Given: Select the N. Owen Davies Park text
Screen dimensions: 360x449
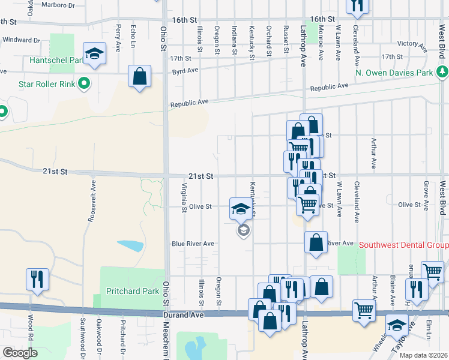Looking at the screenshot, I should click(394, 73).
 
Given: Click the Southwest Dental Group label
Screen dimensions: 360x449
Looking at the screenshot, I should click(403, 245).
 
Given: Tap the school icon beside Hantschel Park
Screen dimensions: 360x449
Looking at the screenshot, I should click(94, 55).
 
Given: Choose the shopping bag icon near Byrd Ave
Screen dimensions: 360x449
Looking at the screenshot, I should click(139, 77).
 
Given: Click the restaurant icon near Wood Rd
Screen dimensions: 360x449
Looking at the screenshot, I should click(37, 279).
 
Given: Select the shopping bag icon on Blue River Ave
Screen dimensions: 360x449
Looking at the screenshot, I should click(316, 242).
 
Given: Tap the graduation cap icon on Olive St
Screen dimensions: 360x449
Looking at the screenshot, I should click(240, 209).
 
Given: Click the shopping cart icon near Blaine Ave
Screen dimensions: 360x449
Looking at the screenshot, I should click(432, 272).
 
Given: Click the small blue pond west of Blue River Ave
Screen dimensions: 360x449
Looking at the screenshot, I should click(131, 245).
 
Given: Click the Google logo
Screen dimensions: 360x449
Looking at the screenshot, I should click(20, 353).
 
